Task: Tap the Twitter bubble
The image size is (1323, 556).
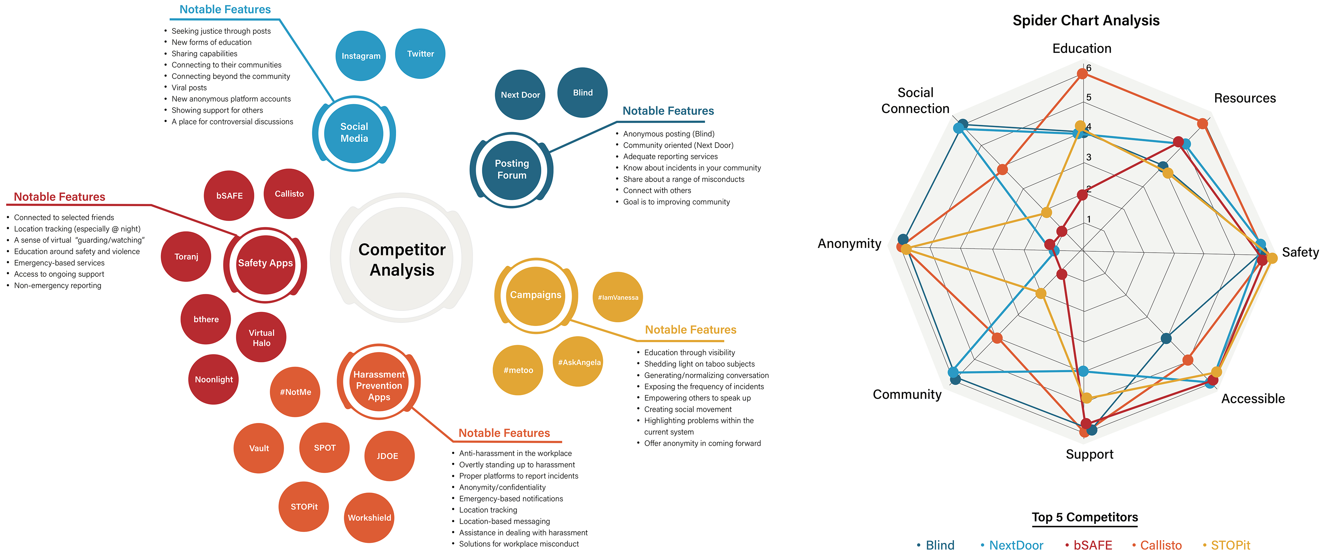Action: click(420, 53)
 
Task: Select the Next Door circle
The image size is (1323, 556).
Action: click(520, 94)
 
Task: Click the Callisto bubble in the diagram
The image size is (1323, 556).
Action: click(289, 194)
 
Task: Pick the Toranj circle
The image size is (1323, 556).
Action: click(186, 256)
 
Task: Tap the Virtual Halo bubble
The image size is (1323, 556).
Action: click(261, 337)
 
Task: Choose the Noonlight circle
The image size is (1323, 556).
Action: click(214, 379)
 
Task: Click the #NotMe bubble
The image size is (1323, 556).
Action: click(295, 392)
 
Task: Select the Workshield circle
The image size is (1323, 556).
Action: click(369, 517)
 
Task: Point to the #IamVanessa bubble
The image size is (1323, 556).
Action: click(618, 297)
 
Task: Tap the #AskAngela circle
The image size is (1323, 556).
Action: click(579, 362)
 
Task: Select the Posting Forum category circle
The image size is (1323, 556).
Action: click(512, 169)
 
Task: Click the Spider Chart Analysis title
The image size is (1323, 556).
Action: click(1086, 21)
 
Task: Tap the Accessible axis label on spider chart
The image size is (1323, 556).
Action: click(1253, 399)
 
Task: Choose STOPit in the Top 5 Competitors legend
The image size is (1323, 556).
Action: click(1230, 545)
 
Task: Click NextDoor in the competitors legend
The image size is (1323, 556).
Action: click(1016, 545)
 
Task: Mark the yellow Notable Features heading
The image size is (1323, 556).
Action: click(690, 330)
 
